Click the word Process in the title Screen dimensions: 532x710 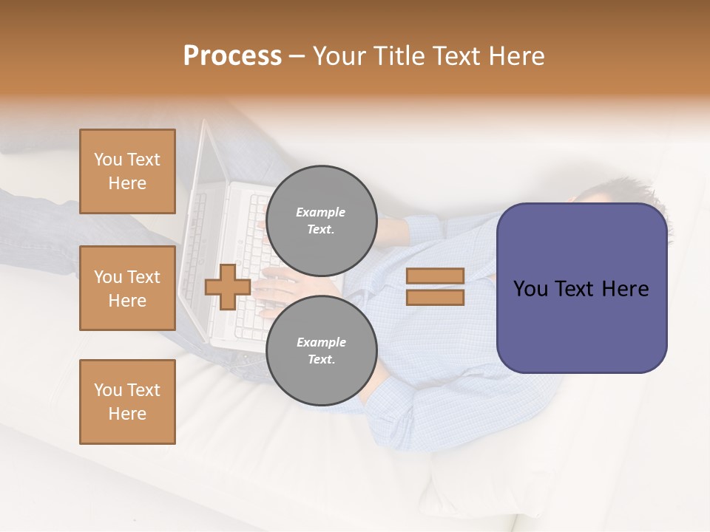pos(232,55)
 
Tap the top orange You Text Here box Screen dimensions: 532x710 pos(127,171)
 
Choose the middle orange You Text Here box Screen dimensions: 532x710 pos(127,288)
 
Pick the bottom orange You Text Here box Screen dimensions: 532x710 pos(127,401)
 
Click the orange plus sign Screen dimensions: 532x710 pos(228,286)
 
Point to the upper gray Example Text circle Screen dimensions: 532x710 pos(322,220)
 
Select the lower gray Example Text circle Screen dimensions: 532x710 pos(322,350)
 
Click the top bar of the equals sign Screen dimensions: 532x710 pos(435,276)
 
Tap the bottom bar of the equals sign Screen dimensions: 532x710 pos(435,297)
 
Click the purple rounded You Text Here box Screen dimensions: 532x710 pos(581,287)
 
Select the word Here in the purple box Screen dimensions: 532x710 pos(625,289)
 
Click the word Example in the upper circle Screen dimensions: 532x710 pos(320,212)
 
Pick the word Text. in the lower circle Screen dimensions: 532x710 pos(321,359)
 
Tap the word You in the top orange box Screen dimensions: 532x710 pos(108,160)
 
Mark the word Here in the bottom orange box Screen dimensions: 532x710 pos(127,414)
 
